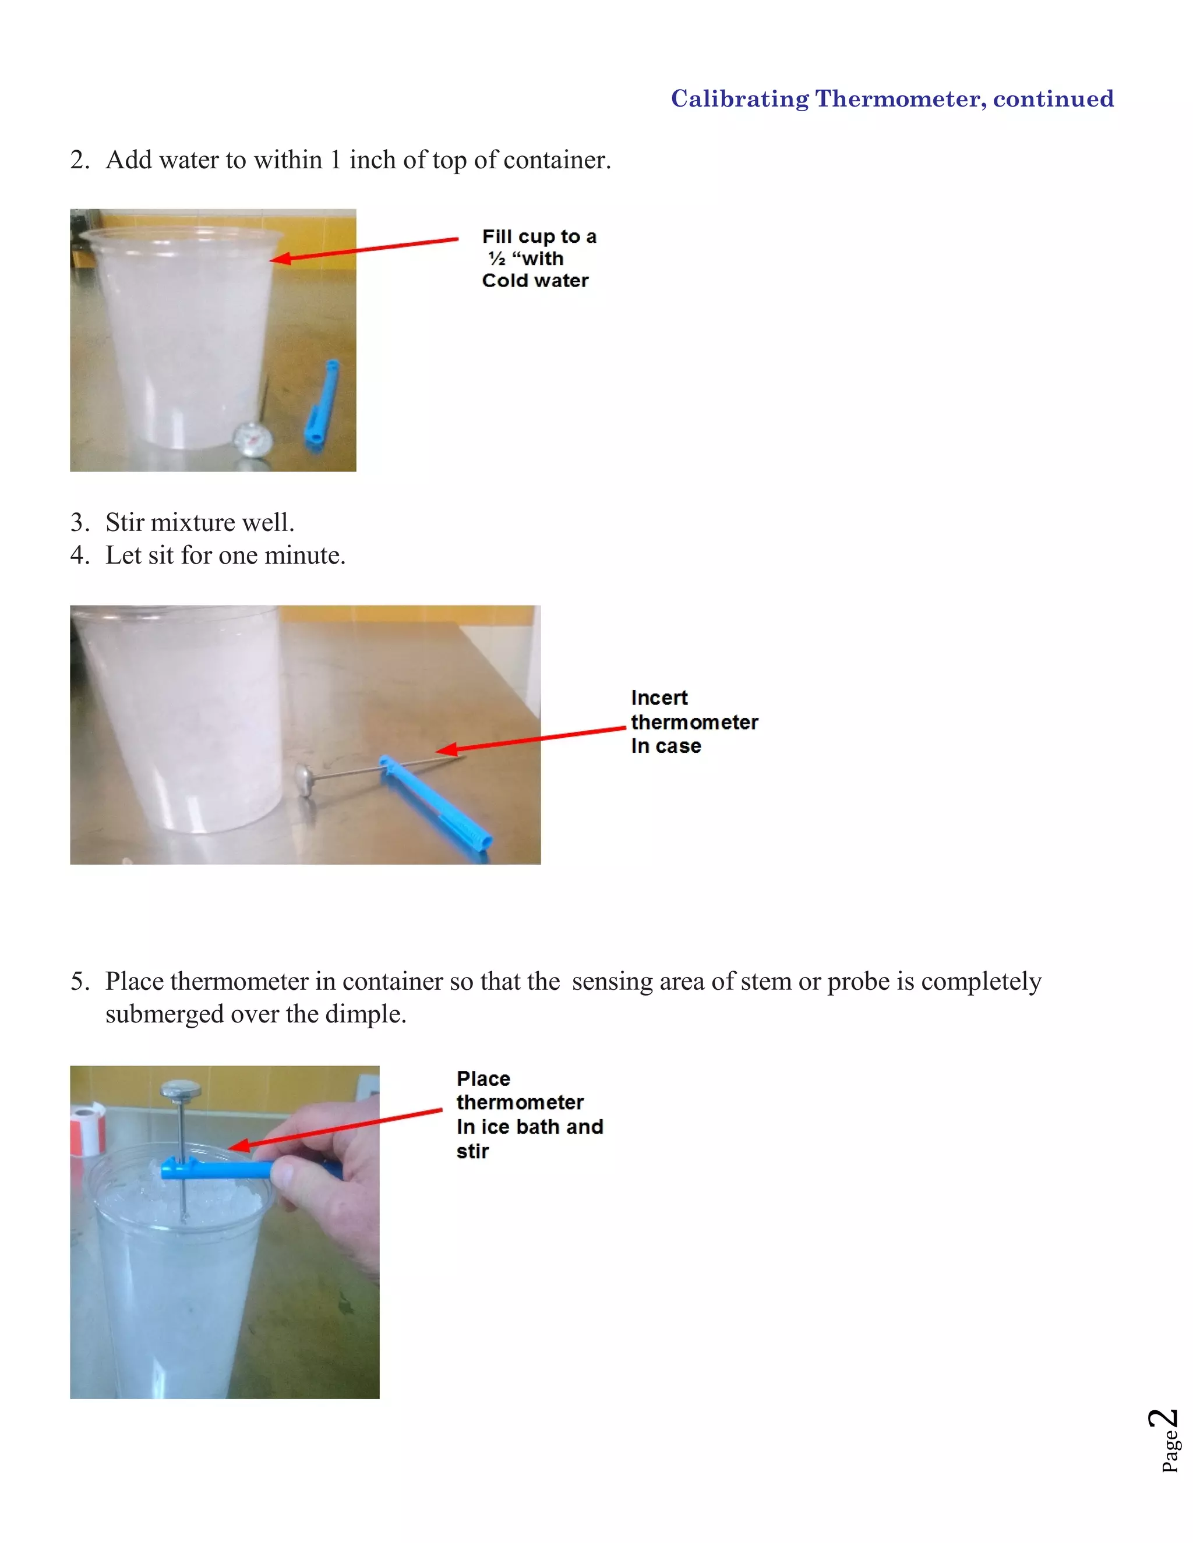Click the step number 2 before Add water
pos(79,160)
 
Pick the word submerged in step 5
pos(163,1014)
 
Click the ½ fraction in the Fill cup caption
pos(497,259)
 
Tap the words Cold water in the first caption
pos(535,281)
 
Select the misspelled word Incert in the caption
pos(659,698)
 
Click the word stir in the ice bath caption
pos(472,1152)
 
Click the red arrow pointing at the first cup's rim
pos(364,249)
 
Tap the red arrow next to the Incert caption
pos(530,739)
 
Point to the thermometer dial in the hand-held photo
pos(181,1090)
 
